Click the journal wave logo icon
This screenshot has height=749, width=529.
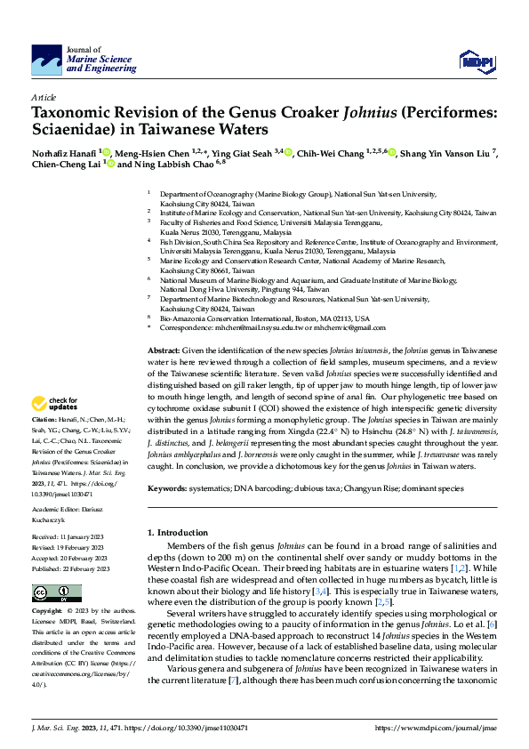(x=46, y=60)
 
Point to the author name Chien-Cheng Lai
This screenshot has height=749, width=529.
(x=65, y=165)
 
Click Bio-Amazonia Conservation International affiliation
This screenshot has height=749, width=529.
(x=258, y=318)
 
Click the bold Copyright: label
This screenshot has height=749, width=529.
(x=48, y=611)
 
